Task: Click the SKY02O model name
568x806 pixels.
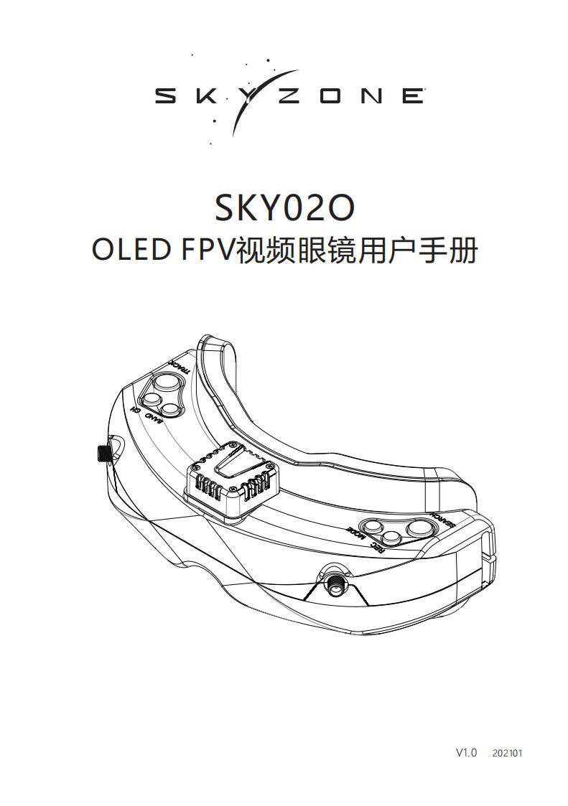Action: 285,207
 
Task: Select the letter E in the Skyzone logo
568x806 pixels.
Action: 411,95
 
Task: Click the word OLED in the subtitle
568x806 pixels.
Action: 129,251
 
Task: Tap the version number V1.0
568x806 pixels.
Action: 466,753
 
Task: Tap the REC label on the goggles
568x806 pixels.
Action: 376,550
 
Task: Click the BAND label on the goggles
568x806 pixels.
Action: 154,418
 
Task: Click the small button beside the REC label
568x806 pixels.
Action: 392,538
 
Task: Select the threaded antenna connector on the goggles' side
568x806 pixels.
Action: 102,453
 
